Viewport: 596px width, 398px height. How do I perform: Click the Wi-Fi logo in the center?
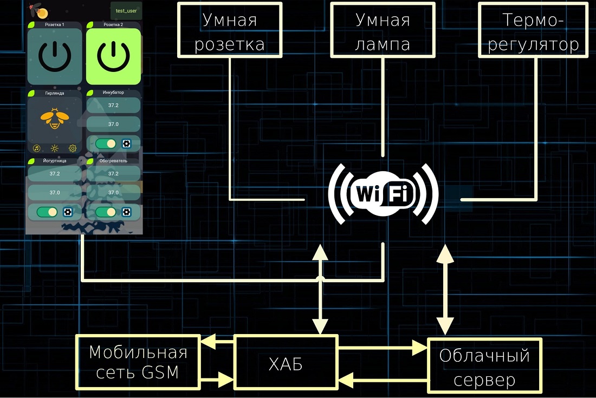(x=383, y=193)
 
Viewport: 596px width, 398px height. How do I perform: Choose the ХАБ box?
(x=286, y=362)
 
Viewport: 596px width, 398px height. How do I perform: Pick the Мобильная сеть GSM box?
(x=138, y=362)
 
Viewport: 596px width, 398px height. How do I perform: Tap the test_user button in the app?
(x=126, y=11)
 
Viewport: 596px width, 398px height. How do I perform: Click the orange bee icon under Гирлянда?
(x=54, y=118)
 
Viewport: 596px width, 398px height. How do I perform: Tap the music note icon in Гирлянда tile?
(x=37, y=148)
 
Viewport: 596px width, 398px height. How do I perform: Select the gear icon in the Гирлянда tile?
(x=73, y=148)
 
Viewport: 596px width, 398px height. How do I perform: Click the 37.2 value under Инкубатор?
(x=113, y=106)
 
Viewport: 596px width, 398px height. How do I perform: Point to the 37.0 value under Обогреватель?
(x=113, y=192)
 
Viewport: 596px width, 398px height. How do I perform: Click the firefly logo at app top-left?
(x=37, y=10)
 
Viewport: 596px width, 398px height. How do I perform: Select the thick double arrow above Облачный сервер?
(x=445, y=290)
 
